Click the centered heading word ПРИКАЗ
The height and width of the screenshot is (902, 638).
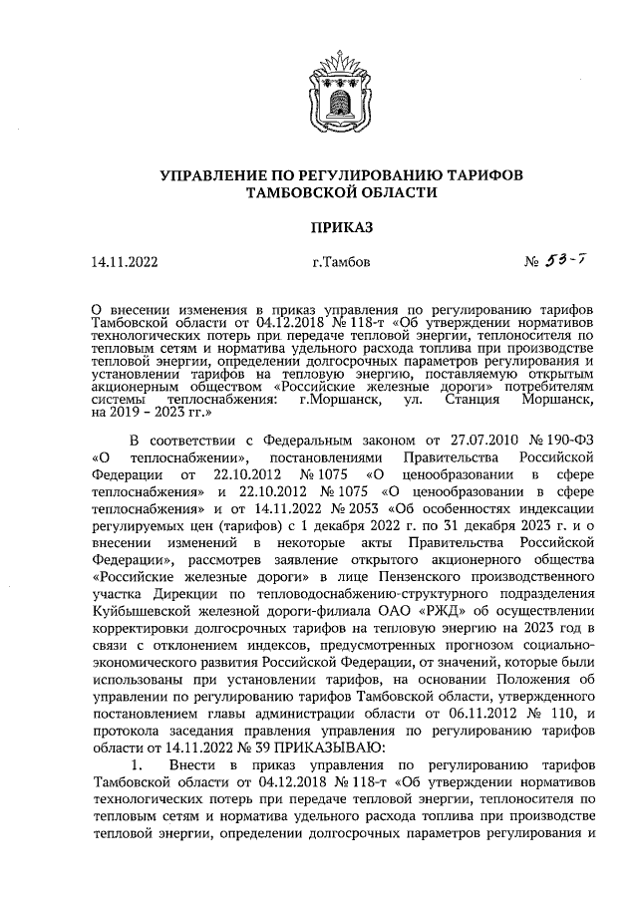coord(341,227)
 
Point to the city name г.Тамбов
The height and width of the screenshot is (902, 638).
coord(341,264)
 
